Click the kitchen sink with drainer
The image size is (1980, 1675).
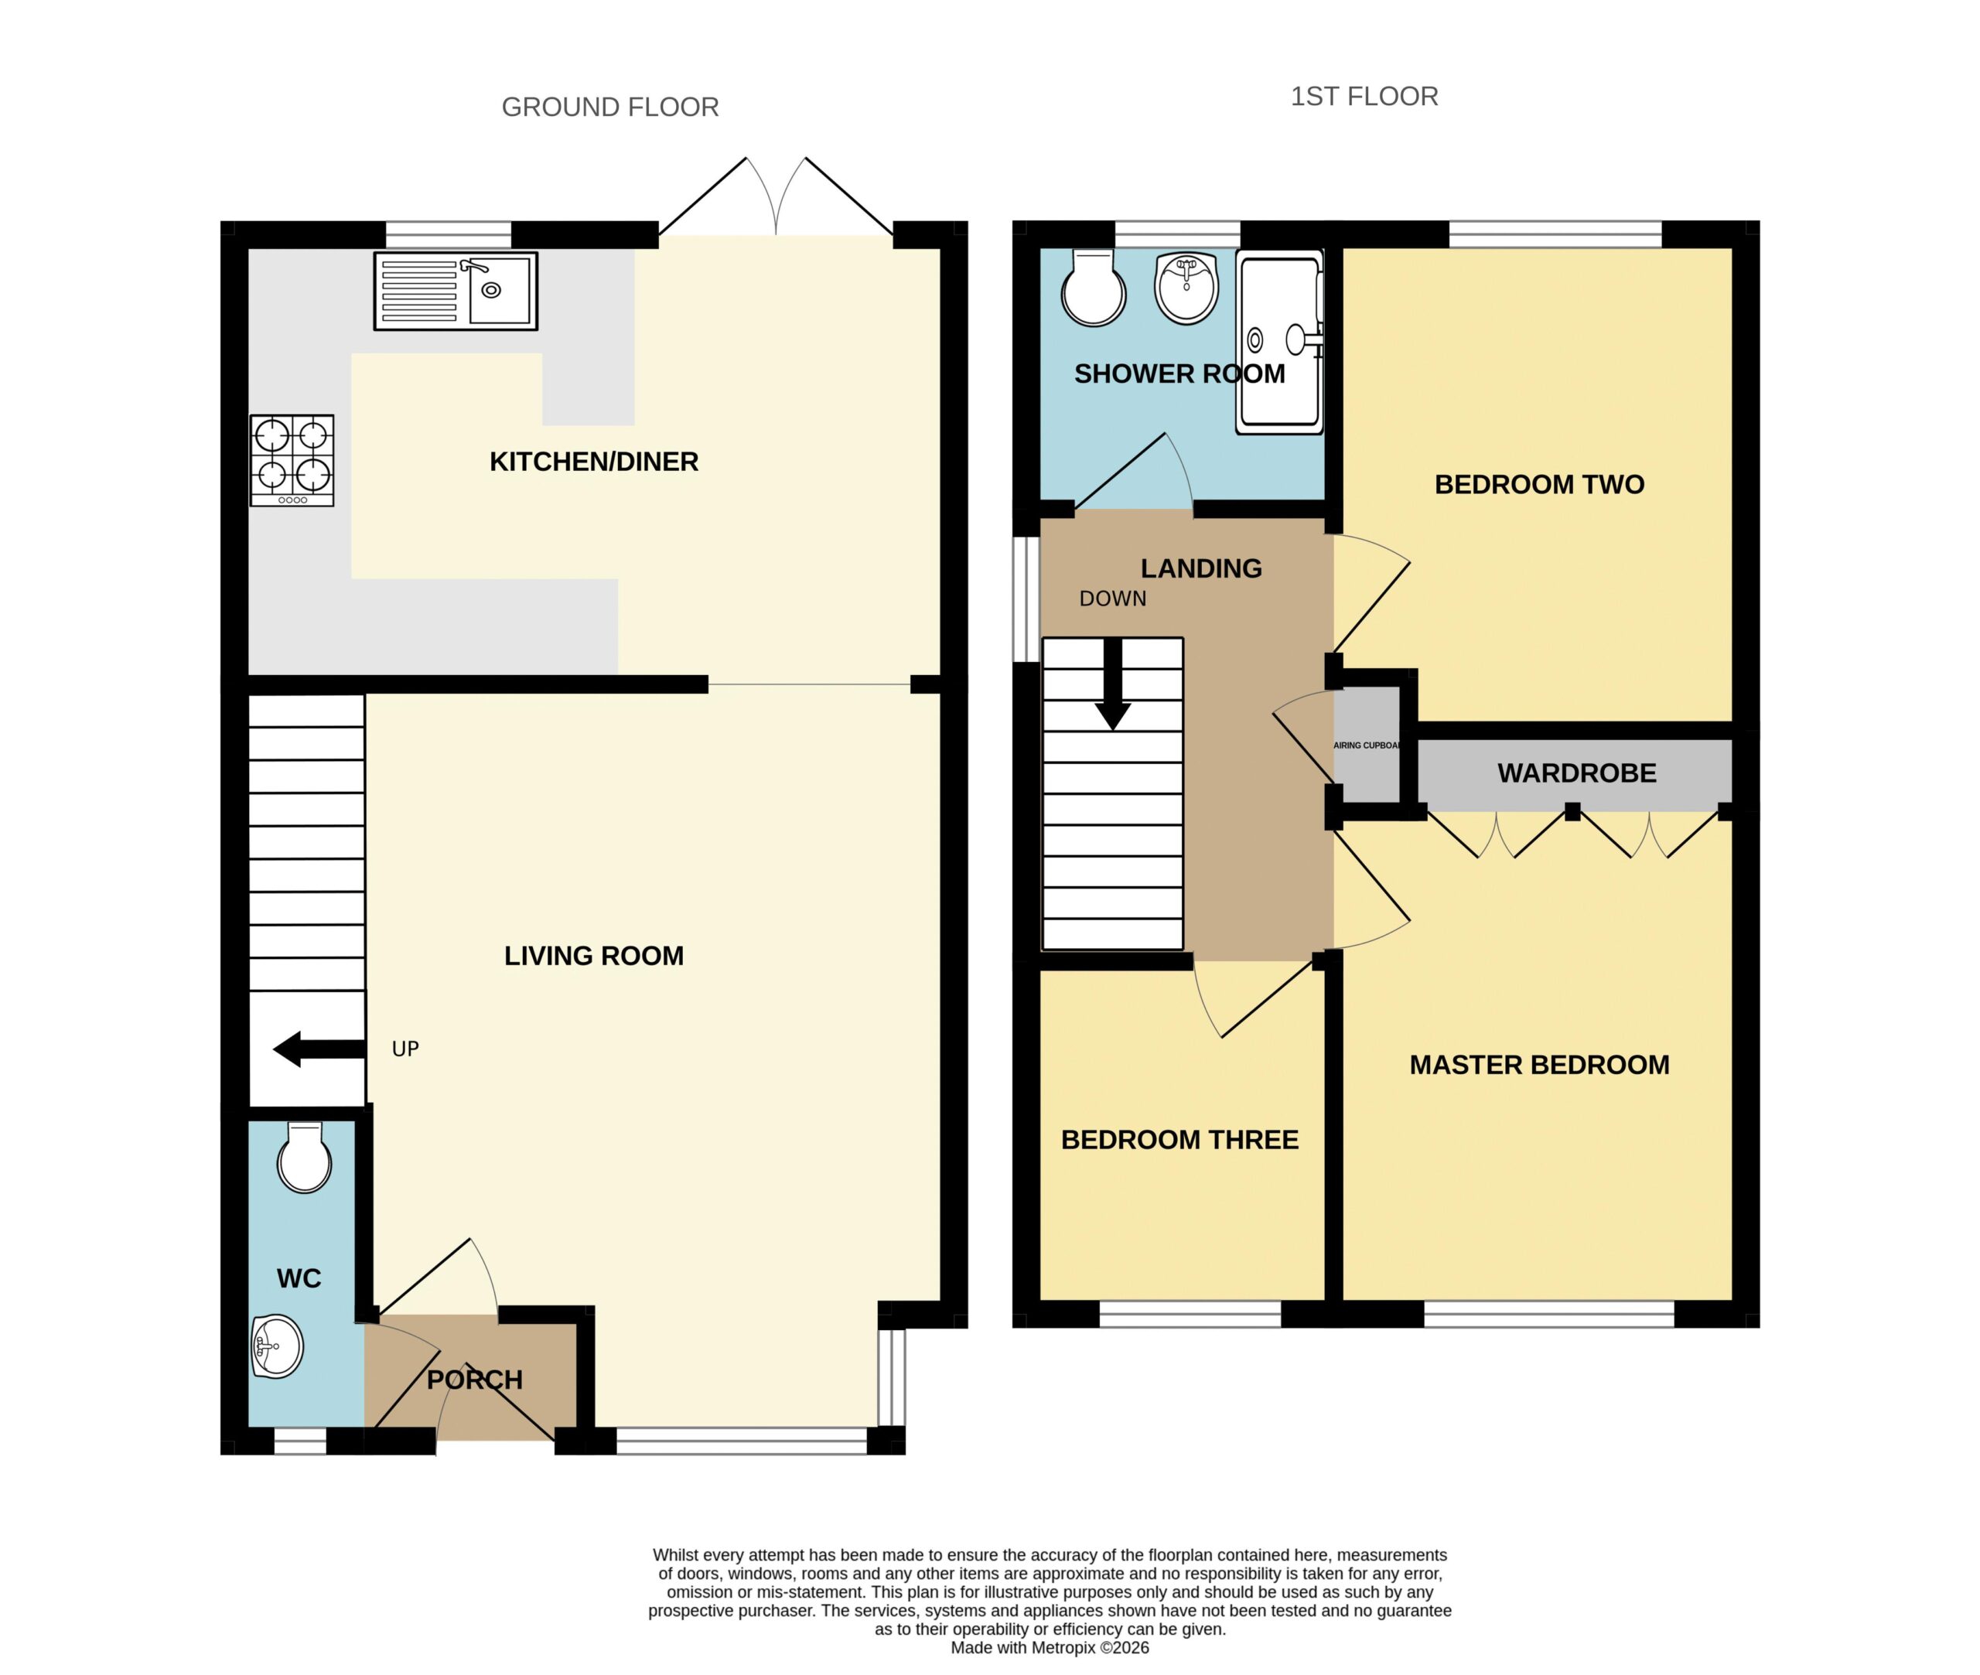tap(455, 291)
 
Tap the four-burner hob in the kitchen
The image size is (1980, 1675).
tap(292, 459)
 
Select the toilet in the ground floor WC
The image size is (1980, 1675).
tap(305, 1157)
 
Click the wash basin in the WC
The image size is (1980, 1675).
tap(278, 1346)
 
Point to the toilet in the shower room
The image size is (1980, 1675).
tap(1093, 288)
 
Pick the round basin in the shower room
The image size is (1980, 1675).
tap(1186, 288)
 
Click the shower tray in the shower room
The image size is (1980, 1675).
tap(1279, 343)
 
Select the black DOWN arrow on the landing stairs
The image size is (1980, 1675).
tap(1113, 684)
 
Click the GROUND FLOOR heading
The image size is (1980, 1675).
tap(609, 107)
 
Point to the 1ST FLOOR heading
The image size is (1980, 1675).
tap(1364, 97)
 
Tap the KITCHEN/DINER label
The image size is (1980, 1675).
tap(593, 462)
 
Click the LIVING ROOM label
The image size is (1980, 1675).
tap(593, 955)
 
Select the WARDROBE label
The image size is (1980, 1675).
tap(1576, 773)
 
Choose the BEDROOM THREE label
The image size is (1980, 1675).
tap(1179, 1139)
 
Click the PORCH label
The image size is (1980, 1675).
tap(474, 1380)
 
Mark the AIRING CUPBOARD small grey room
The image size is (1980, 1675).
tap(1367, 745)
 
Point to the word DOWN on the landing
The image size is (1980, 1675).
tap(1113, 599)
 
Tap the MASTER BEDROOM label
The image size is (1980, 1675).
tap(1538, 1064)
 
